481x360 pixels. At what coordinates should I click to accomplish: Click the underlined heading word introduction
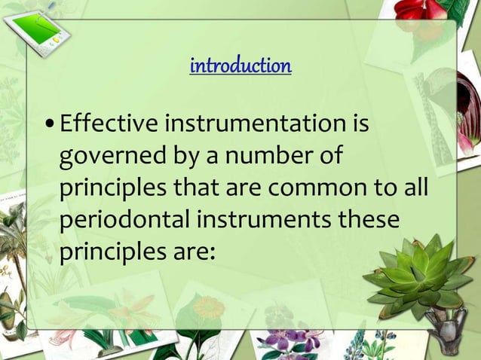pyautogui.click(x=240, y=66)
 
